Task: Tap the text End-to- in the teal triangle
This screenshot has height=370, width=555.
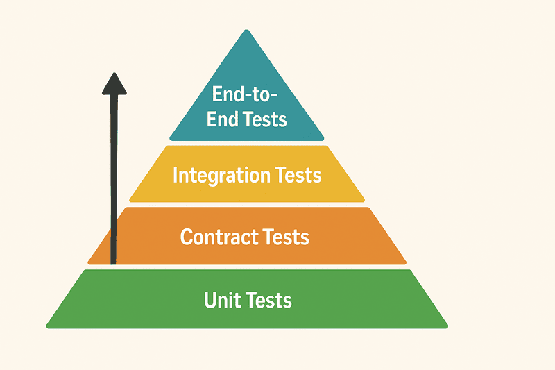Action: [x=246, y=94]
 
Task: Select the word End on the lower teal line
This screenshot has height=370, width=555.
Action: [x=222, y=119]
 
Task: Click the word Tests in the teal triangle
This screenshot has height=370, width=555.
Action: [x=265, y=119]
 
